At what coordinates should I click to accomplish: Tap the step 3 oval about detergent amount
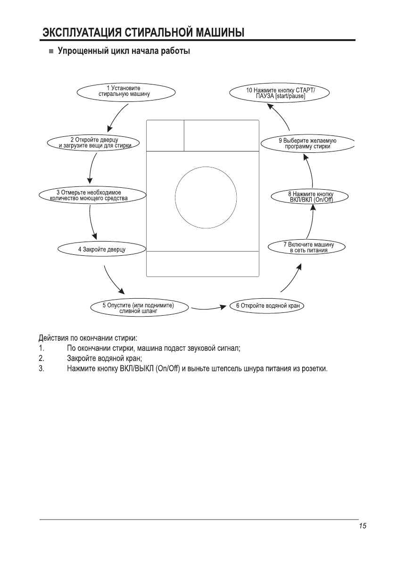[x=89, y=195]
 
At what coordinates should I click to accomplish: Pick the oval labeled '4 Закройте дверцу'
[x=101, y=249]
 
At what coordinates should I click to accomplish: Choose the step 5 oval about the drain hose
[x=138, y=308]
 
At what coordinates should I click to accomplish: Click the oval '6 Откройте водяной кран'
[x=268, y=306]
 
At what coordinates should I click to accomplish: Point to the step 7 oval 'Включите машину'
[x=308, y=247]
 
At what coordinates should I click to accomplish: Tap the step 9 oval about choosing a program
[x=307, y=143]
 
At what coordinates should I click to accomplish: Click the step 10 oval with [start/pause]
[x=280, y=92]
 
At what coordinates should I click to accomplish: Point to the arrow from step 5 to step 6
[x=209, y=308]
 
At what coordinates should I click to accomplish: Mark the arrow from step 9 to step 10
[x=278, y=116]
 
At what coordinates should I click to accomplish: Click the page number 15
[x=362, y=526]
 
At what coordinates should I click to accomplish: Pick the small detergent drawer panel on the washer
[x=165, y=135]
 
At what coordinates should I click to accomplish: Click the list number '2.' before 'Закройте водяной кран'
[x=41, y=358]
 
